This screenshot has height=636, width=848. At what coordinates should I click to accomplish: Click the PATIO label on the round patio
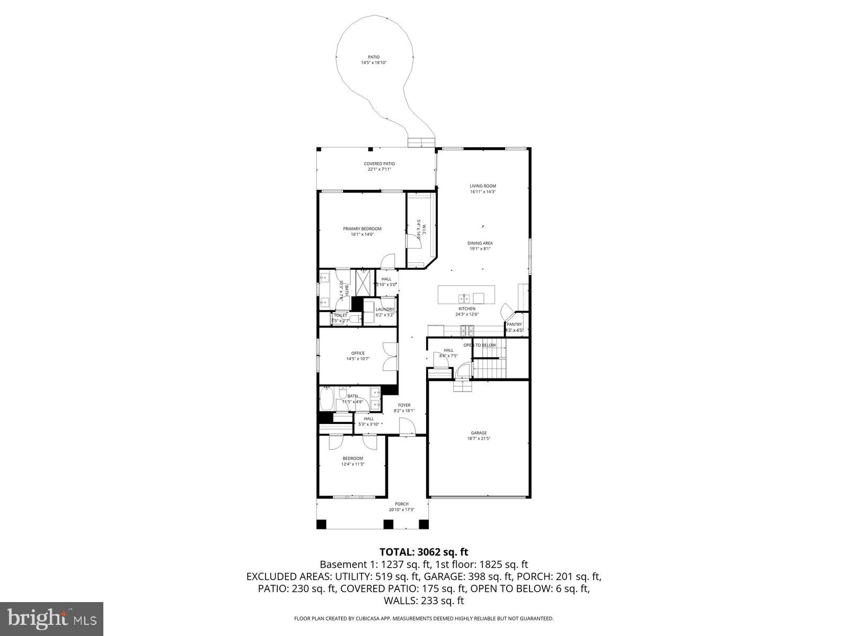[374, 57]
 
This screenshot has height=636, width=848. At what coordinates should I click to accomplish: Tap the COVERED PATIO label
[379, 164]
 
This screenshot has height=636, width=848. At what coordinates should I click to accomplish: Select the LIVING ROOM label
[483, 186]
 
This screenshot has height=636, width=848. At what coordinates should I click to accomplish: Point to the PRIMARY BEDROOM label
[362, 229]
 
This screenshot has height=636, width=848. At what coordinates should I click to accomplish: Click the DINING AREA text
[480, 243]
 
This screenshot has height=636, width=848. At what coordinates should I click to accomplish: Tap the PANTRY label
[514, 324]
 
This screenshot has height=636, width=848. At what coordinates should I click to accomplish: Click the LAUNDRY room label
[385, 310]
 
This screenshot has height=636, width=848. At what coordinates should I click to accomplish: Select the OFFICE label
[358, 354]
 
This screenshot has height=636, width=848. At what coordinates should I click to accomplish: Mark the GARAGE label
[479, 433]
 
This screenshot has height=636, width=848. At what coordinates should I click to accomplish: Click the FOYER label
[404, 405]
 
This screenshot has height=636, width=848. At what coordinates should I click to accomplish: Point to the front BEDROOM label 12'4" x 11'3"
[352, 458]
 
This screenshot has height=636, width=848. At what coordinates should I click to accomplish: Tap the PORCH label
[402, 504]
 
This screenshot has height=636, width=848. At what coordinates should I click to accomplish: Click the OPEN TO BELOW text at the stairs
[480, 345]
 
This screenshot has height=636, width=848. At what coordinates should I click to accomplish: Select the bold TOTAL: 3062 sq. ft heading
[423, 552]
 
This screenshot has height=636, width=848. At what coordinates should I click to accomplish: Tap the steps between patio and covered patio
[421, 142]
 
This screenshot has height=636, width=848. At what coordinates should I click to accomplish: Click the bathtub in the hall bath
[326, 400]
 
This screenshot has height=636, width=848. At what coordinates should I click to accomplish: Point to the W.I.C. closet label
[419, 229]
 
